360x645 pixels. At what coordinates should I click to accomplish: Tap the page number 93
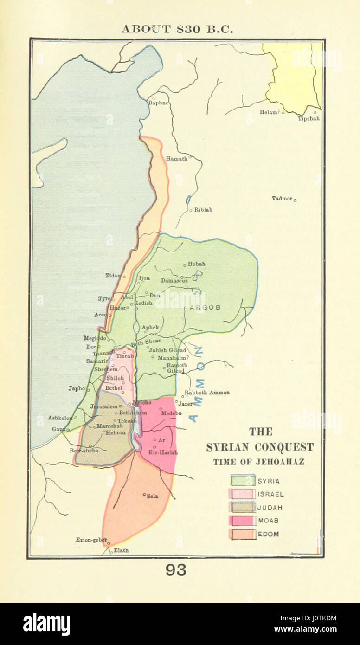[x=176, y=570]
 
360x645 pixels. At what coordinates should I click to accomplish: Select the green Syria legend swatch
[x=243, y=481]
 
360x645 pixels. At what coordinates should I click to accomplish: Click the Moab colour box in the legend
[x=243, y=521]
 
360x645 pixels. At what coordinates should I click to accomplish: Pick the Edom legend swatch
[x=243, y=534]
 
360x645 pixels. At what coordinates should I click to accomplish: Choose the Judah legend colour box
[x=243, y=508]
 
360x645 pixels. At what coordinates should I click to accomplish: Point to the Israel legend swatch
[x=243, y=494]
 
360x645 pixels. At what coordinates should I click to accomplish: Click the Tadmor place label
[x=282, y=199]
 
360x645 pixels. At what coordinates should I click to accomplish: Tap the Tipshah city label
[x=309, y=118]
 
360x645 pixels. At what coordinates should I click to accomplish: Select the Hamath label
[x=177, y=158]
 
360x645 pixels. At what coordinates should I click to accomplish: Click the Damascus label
[x=174, y=280]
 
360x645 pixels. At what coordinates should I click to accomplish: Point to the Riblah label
[x=203, y=210]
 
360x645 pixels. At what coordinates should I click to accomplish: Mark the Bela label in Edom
[x=152, y=496]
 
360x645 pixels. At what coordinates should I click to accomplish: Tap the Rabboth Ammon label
[x=207, y=393]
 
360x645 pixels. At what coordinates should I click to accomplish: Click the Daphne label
[x=158, y=103]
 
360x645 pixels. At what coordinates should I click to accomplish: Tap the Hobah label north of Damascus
[x=196, y=264]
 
